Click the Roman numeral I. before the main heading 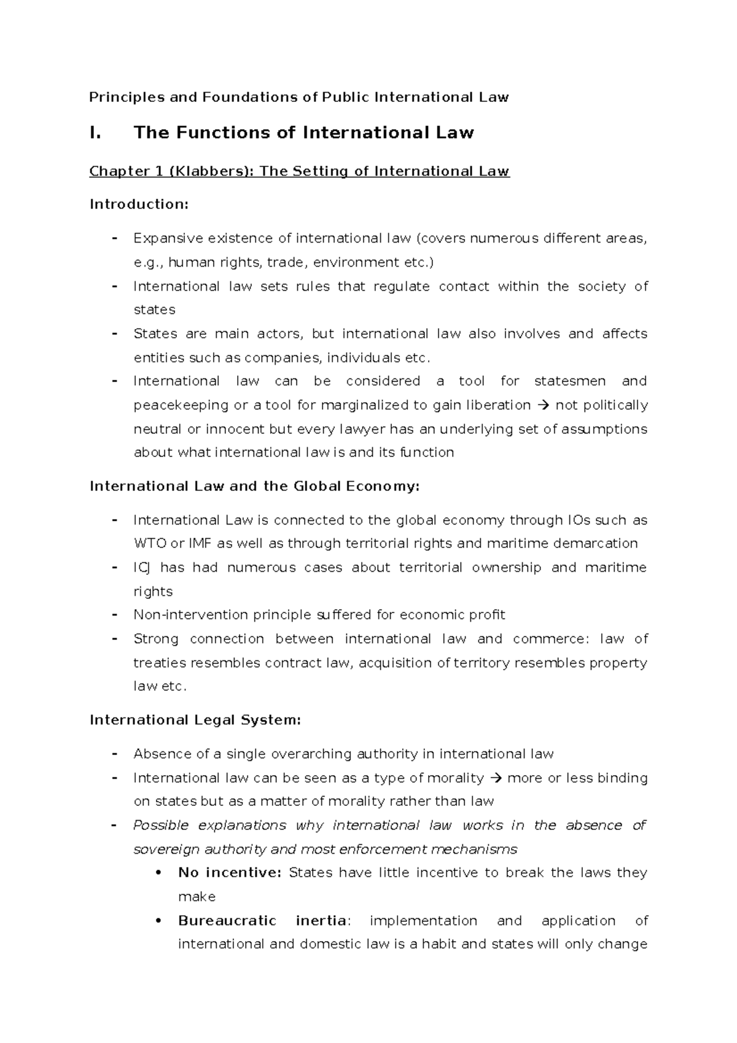point(95,133)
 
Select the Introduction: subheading point(139,205)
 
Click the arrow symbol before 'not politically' point(544,405)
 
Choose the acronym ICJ point(141,568)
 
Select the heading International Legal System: point(195,720)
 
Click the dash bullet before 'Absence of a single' point(114,754)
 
